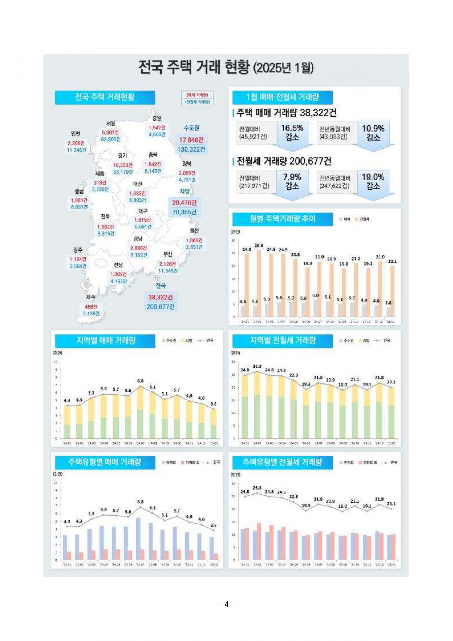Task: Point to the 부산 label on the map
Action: pyautogui.click(x=168, y=254)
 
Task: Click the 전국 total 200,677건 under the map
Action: pyautogui.click(x=160, y=306)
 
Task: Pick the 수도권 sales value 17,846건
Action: pyautogui.click(x=191, y=140)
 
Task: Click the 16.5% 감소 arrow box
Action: pyautogui.click(x=292, y=133)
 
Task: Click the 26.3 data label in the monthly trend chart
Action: pyautogui.click(x=259, y=245)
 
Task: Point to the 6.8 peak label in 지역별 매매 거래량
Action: pyautogui.click(x=140, y=381)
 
